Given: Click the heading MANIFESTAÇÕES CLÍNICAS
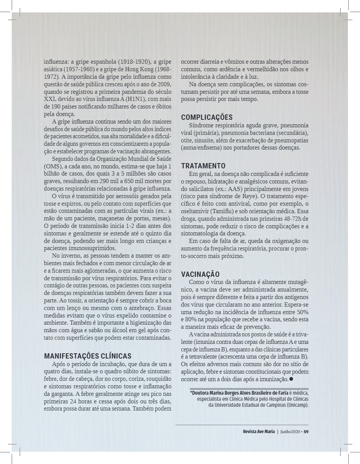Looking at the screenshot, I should (x=88, y=356).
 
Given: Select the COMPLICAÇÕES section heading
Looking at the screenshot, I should (x=207, y=117).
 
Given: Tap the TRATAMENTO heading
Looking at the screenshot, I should (x=203, y=166).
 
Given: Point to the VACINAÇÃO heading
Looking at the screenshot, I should (x=200, y=274).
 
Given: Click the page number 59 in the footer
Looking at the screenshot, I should (x=306, y=432).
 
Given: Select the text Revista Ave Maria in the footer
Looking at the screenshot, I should (x=259, y=432).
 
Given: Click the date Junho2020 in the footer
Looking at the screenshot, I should (x=290, y=432).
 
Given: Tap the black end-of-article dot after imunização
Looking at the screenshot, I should (x=291, y=379).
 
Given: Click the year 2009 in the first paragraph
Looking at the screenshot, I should (x=164, y=84).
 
